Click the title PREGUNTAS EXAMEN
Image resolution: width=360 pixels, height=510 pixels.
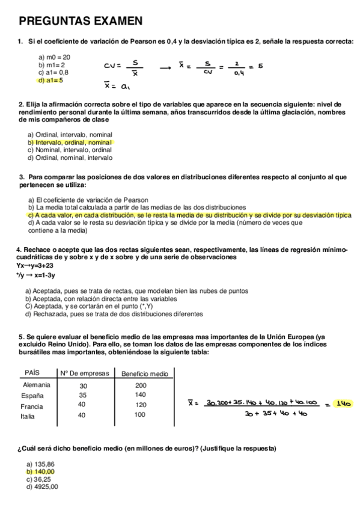[81, 22]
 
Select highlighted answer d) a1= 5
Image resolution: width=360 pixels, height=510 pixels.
[50, 79]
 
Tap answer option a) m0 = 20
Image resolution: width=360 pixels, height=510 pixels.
[54, 57]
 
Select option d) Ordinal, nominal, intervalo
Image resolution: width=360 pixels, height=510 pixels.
[70, 158]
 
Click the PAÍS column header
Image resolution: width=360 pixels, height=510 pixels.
[32, 373]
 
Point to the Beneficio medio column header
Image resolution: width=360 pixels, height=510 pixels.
[144, 373]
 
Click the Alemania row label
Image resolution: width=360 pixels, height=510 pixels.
[37, 385]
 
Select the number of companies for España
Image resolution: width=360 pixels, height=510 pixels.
[83, 395]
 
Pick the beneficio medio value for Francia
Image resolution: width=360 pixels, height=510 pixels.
[141, 405]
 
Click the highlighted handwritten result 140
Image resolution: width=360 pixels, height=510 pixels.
[343, 404]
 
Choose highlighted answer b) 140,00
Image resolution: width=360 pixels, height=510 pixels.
[41, 472]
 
